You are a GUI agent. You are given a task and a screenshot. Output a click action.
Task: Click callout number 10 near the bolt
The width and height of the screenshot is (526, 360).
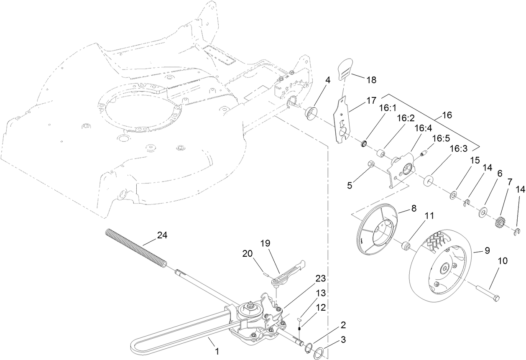coord(503,260)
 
